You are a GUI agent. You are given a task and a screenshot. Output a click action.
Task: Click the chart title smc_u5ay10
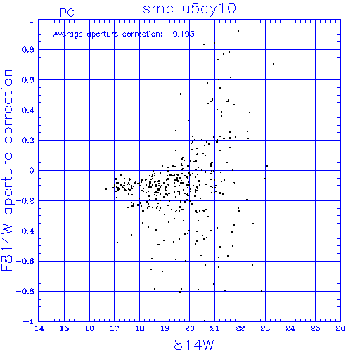pyautogui.click(x=189, y=9)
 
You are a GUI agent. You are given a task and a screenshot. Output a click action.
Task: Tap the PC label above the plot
pyautogui.click(x=67, y=13)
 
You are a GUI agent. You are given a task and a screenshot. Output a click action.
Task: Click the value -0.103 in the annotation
pyautogui.click(x=181, y=34)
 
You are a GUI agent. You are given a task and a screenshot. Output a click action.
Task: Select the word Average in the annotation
pyautogui.click(x=68, y=34)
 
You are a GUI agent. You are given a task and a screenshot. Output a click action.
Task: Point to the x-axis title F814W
pyautogui.click(x=190, y=345)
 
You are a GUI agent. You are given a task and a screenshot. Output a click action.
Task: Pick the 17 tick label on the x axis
pyautogui.click(x=114, y=328)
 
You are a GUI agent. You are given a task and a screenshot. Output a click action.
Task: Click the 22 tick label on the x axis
pyautogui.click(x=240, y=328)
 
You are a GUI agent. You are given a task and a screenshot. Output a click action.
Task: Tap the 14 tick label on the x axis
pyautogui.click(x=39, y=328)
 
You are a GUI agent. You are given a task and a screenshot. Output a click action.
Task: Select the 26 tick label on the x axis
pyautogui.click(x=340, y=328)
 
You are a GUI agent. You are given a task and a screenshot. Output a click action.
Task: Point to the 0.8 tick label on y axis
pyautogui.click(x=28, y=50)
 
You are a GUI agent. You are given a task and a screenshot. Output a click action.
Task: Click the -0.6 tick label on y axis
pyautogui.click(x=25, y=261)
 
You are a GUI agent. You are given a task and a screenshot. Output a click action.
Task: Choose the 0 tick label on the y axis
pyautogui.click(x=32, y=171)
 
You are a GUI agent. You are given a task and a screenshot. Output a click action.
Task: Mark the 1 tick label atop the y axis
pyautogui.click(x=32, y=20)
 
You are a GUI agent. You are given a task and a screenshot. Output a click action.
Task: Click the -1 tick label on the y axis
pyautogui.click(x=29, y=321)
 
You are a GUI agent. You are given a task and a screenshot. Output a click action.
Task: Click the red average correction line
pyautogui.click(x=189, y=186)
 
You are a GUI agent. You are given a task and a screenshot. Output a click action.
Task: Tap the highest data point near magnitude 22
pyautogui.click(x=238, y=31)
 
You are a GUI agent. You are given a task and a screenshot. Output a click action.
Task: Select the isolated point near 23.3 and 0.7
pyautogui.click(x=274, y=64)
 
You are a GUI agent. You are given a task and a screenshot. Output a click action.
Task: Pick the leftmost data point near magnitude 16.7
pyautogui.click(x=106, y=189)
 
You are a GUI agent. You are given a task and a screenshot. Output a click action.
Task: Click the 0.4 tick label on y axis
pyautogui.click(x=28, y=110)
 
